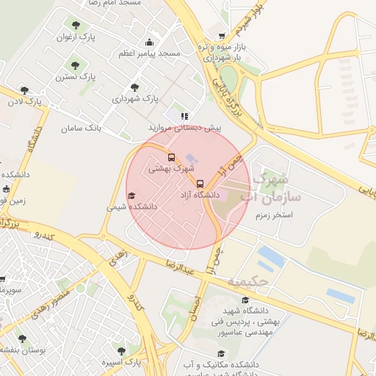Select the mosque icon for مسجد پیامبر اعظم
(x=150, y=42)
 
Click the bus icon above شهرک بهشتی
(x=171, y=157)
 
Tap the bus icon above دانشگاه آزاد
(x=199, y=183)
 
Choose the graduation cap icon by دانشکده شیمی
(x=131, y=195)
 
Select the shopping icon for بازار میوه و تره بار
(x=222, y=35)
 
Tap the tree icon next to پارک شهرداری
(x=134, y=87)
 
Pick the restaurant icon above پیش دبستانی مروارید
(x=184, y=115)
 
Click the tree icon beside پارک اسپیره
(x=121, y=351)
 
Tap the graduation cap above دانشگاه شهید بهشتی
(x=245, y=300)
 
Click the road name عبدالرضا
(x=181, y=264)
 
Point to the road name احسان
(x=195, y=305)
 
